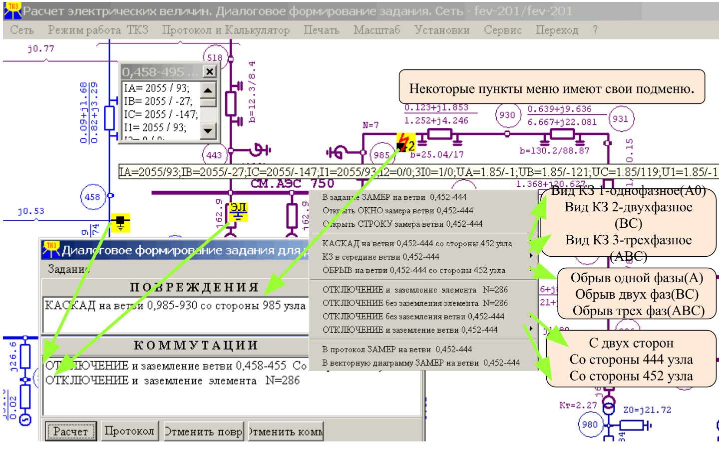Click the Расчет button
tap(70, 431)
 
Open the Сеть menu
tap(22, 30)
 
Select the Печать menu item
tap(321, 30)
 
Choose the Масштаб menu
tap(376, 30)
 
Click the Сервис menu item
tap(502, 30)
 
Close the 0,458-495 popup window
tap(210, 72)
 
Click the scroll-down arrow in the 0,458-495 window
tap(208, 131)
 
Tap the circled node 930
tap(507, 115)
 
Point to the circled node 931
tap(620, 119)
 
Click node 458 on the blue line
tap(92, 197)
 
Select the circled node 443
tap(214, 155)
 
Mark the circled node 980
tap(590, 425)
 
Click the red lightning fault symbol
tap(405, 142)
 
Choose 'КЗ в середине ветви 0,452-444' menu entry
tap(380, 257)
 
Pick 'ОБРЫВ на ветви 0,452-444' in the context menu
tap(413, 270)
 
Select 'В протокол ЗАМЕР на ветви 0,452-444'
tap(397, 349)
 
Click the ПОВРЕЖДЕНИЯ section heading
tap(194, 287)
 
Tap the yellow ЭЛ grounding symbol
tap(238, 212)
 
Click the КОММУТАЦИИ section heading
tap(196, 345)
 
